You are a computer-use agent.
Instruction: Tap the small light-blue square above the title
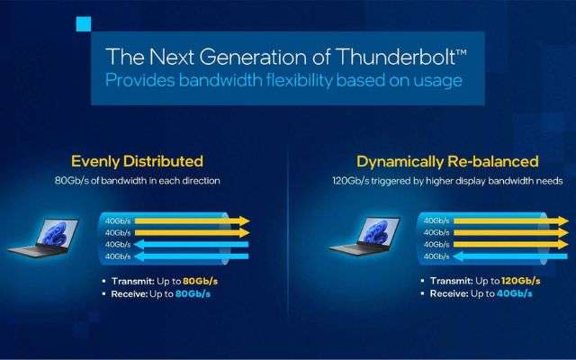tap(84, 24)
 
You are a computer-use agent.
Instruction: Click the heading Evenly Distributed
tap(137, 161)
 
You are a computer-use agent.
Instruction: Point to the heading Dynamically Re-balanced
tap(447, 162)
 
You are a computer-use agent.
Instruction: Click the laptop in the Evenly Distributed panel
tap(43, 237)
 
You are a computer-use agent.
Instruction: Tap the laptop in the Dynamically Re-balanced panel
tap(364, 236)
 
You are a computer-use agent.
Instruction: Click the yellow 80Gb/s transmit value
tap(200, 282)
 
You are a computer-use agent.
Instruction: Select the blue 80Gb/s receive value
tap(193, 294)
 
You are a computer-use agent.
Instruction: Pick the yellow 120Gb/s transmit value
tap(520, 281)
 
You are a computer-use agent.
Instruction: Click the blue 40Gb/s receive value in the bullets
tap(514, 293)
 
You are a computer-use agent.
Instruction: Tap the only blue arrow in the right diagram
tap(510, 256)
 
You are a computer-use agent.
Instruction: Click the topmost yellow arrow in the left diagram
tap(192, 220)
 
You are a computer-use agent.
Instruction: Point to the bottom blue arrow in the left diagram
tap(191, 256)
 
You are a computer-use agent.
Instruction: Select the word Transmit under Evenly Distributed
tap(133, 282)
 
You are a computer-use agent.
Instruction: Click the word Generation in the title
tap(253, 57)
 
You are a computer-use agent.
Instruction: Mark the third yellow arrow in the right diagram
tap(511, 244)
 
